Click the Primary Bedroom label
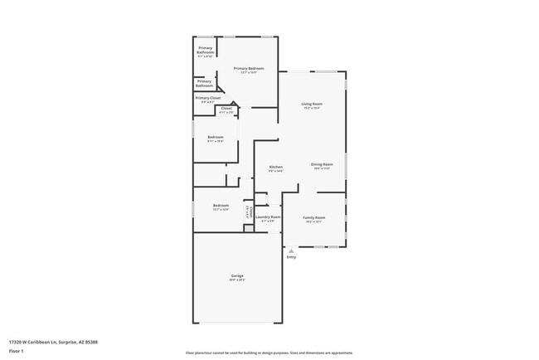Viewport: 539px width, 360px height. [x=249, y=68]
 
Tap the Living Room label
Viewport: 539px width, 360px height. [x=312, y=104]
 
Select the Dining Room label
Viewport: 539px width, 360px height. [x=322, y=164]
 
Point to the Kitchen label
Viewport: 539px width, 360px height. [x=276, y=168]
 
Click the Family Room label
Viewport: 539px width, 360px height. [x=313, y=217]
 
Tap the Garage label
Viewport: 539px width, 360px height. [x=237, y=275]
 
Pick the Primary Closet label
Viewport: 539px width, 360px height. [x=208, y=98]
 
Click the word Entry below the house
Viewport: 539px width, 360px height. [x=291, y=257]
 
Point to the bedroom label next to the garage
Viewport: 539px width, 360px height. [x=221, y=205]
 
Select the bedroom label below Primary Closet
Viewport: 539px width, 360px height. [x=216, y=137]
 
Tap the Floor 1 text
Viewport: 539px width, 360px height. [x=16, y=351]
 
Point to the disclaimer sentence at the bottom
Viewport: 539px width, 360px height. [x=269, y=353]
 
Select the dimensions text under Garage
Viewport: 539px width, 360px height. [x=237, y=280]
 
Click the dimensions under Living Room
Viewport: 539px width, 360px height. [x=312, y=108]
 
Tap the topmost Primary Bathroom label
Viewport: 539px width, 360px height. [x=206, y=50]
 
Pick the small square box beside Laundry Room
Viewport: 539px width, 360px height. [x=248, y=228]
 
